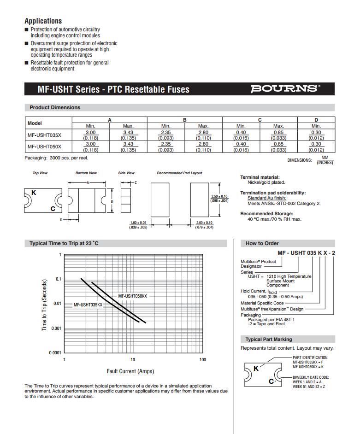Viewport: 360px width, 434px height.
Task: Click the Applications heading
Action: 43,21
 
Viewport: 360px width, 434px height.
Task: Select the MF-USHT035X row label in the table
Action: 44,135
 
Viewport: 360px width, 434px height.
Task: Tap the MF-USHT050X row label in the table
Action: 44,147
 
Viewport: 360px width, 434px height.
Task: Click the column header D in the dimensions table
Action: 316,120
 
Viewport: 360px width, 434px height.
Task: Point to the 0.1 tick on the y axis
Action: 58,279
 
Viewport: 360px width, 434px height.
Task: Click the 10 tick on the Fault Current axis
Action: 133,359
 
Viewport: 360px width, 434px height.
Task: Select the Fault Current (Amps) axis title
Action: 130,371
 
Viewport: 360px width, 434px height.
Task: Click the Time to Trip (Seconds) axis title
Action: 45,304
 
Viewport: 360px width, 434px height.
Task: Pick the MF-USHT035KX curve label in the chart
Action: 88,305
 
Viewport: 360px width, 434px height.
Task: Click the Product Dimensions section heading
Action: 55,107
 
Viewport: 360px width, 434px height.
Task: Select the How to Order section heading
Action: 262,243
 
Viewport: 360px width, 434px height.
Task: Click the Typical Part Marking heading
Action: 269,339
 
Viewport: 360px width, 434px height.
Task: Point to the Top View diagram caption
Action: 40,173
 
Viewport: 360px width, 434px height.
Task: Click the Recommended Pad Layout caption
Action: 179,173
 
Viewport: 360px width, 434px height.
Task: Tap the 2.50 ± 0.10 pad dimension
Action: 219,197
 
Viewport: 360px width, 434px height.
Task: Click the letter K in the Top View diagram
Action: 33,192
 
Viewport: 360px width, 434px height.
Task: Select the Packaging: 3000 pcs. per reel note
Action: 56,158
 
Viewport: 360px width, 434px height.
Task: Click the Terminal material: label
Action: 260,177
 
